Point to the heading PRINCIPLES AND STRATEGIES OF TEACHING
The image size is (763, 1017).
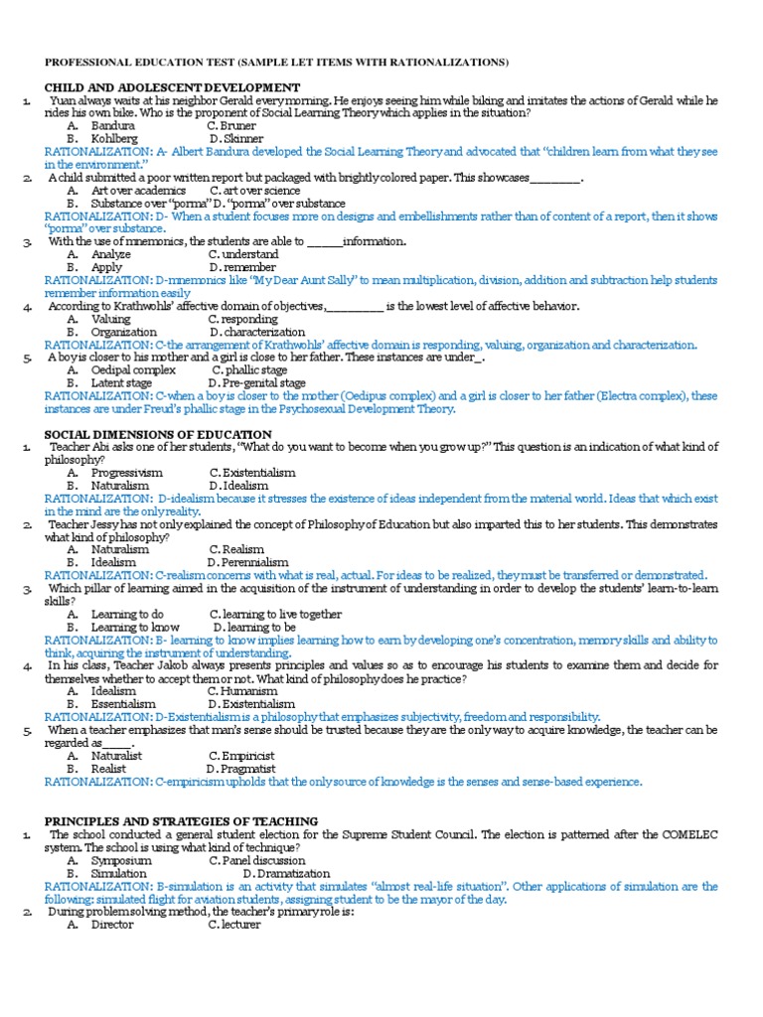click(x=182, y=821)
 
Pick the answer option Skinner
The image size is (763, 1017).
click(x=242, y=139)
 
